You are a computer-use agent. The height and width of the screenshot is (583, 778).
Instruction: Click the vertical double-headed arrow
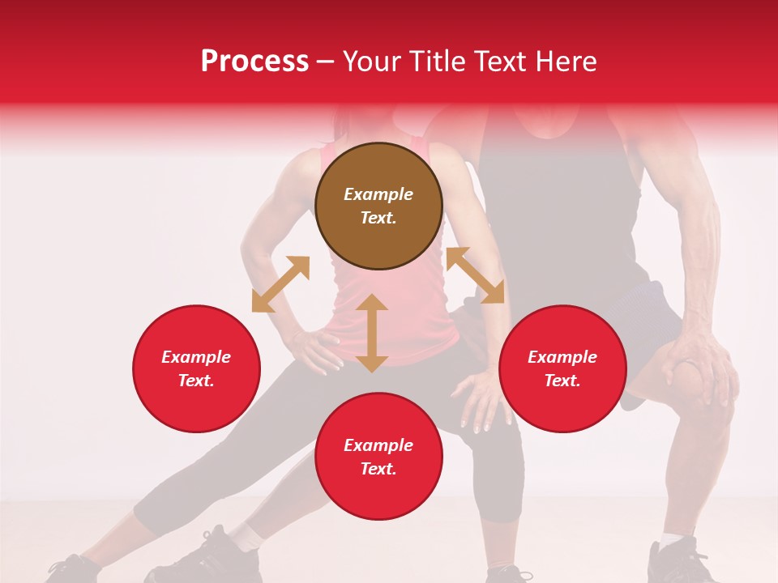point(372,333)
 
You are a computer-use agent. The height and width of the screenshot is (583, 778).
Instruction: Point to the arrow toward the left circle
point(280,284)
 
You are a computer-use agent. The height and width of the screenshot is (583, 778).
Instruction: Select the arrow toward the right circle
point(475,276)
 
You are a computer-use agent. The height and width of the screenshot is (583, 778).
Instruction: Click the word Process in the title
point(254,62)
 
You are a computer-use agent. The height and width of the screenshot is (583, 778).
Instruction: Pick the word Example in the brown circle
point(378,194)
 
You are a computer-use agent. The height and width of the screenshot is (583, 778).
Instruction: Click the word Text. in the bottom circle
point(378,469)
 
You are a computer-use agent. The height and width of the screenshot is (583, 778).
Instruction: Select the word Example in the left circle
point(196,357)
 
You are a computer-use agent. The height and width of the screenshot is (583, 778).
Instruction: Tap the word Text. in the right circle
point(562,381)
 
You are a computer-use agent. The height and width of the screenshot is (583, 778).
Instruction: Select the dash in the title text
point(326,62)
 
